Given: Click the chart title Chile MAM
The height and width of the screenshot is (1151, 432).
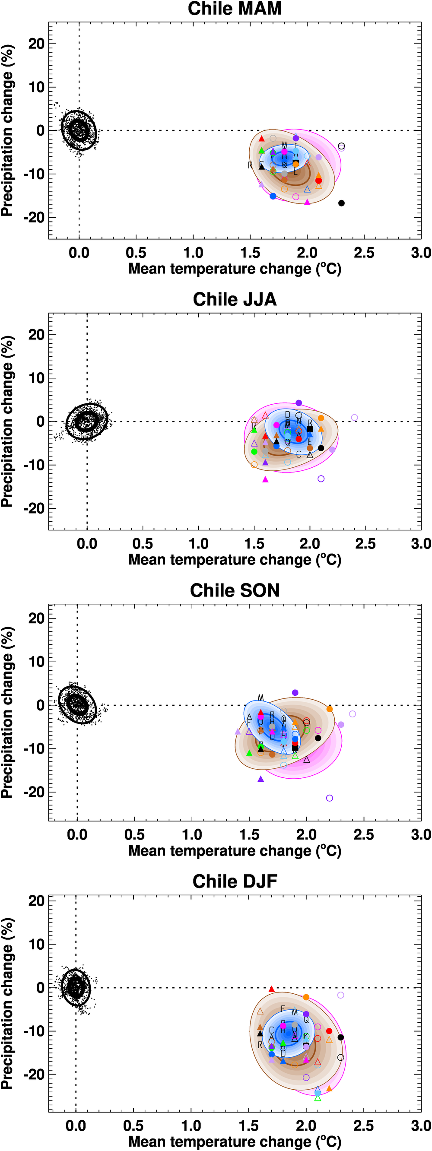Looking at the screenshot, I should click(235, 9).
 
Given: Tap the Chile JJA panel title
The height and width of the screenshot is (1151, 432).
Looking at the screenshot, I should click(235, 299).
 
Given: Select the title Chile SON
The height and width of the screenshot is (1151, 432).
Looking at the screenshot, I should click(235, 590).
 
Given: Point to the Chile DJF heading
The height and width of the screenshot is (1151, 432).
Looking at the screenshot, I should click(235, 881).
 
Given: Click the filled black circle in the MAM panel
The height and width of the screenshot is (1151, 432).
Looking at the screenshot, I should click(341, 203).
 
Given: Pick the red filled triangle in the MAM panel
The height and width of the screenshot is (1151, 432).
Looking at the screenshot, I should click(261, 139).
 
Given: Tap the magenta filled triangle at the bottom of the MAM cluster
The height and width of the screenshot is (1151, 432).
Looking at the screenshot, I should click(307, 203).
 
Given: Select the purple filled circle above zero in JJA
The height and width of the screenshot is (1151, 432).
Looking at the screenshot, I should click(299, 403).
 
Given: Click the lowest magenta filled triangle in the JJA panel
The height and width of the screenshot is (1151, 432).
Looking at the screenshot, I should click(265, 479).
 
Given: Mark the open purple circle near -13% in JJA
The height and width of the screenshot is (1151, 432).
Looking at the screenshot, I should click(321, 479).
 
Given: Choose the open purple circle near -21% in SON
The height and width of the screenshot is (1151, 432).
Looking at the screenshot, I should click(329, 798).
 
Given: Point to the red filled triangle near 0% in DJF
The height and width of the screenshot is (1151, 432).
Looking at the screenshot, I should click(272, 989).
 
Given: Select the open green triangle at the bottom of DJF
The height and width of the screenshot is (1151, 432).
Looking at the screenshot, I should click(318, 1098).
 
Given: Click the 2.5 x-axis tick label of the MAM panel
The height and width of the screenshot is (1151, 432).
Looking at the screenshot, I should click(364, 253).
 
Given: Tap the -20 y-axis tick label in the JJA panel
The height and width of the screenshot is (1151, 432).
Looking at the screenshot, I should click(36, 508).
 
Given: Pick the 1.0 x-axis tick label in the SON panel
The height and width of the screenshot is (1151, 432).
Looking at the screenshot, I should click(192, 835).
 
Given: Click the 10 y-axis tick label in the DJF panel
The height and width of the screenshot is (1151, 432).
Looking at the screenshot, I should click(37, 944).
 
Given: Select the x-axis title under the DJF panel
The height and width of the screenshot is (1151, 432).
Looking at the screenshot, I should click(235, 1141).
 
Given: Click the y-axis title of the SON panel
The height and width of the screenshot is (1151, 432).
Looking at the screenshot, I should click(7, 712).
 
